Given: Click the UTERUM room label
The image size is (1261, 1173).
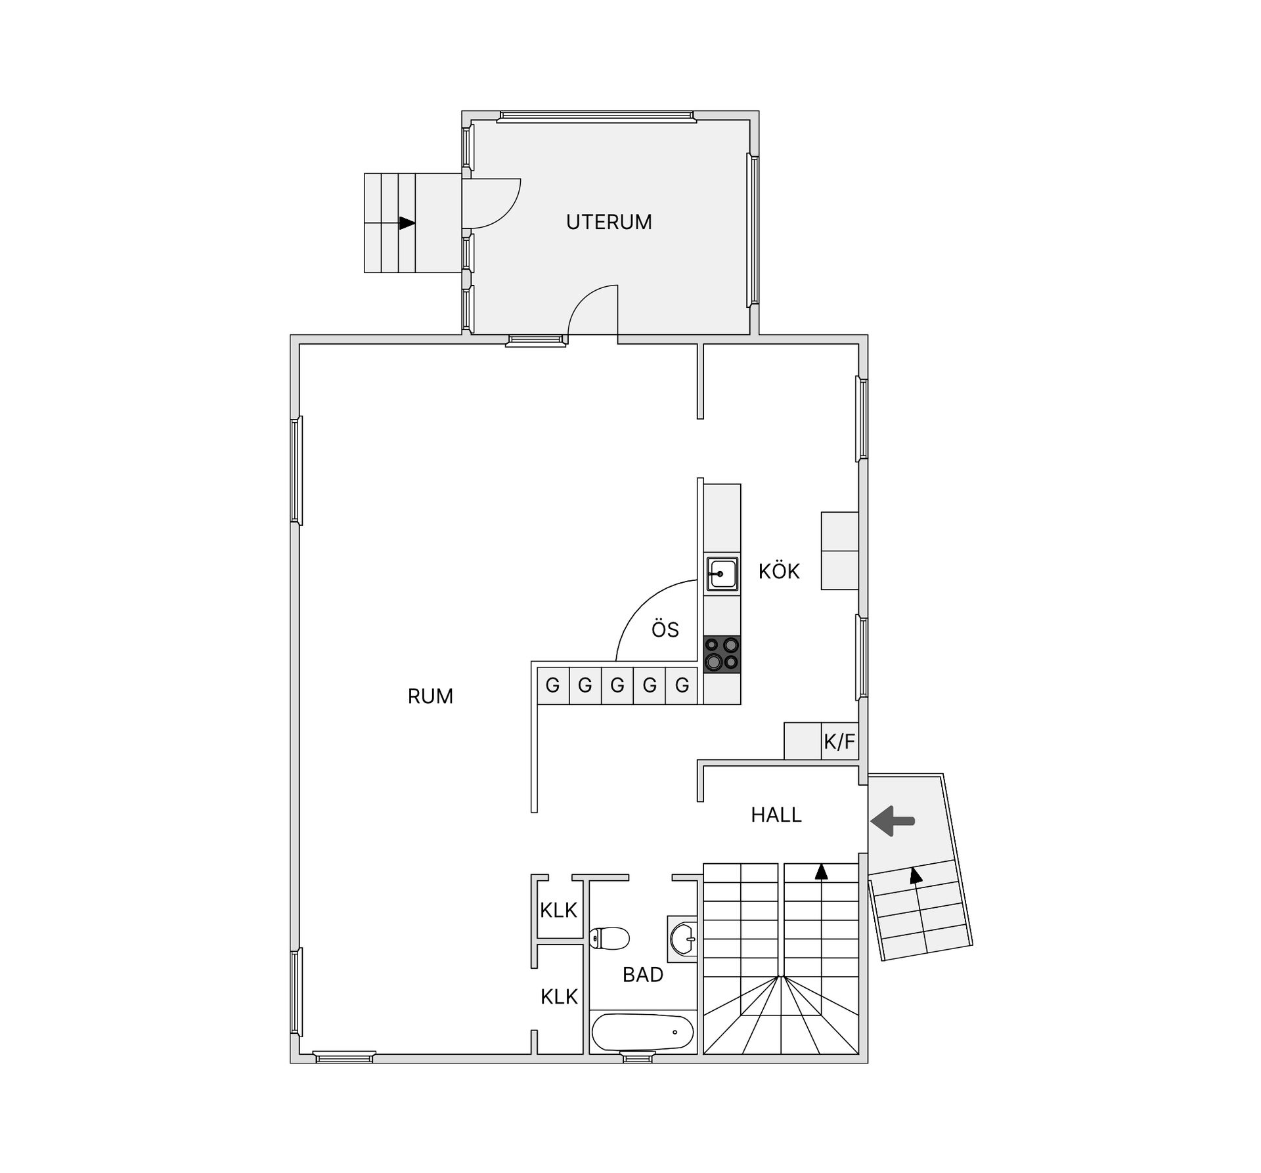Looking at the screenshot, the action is pos(609,222).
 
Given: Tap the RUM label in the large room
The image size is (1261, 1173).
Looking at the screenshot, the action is pos(430,696).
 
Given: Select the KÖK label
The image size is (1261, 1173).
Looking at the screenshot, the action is pos(779,571).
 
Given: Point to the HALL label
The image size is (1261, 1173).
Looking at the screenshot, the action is pos(776,815).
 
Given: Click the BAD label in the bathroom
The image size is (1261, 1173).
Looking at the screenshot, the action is pos(643,975).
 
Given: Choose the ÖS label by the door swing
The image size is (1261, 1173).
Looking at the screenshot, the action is pos(665,629).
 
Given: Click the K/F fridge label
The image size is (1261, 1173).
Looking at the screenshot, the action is pos(839,742).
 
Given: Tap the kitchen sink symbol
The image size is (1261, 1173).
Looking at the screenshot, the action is pos(722,574).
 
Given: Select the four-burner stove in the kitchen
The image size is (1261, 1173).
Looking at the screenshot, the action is pos(722,654).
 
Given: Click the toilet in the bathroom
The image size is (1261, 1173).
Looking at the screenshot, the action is pos(609,938).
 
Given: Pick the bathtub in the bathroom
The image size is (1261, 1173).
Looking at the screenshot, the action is pos(642,1033).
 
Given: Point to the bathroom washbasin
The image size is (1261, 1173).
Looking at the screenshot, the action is pos(683,939).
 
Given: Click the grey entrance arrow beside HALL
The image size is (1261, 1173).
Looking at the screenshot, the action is pos(893,821).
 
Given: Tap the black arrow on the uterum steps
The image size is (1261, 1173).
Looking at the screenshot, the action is pos(407,223).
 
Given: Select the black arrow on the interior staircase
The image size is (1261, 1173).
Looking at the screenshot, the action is pos(821,872).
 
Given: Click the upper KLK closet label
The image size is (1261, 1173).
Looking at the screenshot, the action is pos(558,910).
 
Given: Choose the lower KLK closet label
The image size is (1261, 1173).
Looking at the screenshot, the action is pos(559,997).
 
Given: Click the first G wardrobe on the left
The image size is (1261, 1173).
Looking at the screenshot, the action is pos(553,686).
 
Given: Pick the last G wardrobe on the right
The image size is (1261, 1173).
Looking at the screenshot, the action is pos(682,686).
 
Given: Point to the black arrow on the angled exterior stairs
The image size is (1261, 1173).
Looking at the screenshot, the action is pos(916,874).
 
